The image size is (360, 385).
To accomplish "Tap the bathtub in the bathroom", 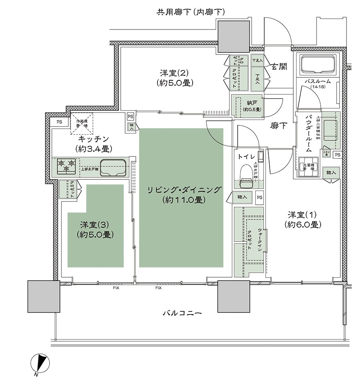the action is pyautogui.click(x=318, y=64).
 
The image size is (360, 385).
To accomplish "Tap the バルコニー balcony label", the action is pyautogui.click(x=182, y=313).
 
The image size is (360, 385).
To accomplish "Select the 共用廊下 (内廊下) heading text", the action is pyautogui.click(x=191, y=12).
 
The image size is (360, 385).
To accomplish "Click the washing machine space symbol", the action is pyautogui.click(x=308, y=168).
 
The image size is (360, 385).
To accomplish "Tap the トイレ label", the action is pyautogui.click(x=247, y=156).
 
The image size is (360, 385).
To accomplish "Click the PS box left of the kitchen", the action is pyautogui.click(x=59, y=122).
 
